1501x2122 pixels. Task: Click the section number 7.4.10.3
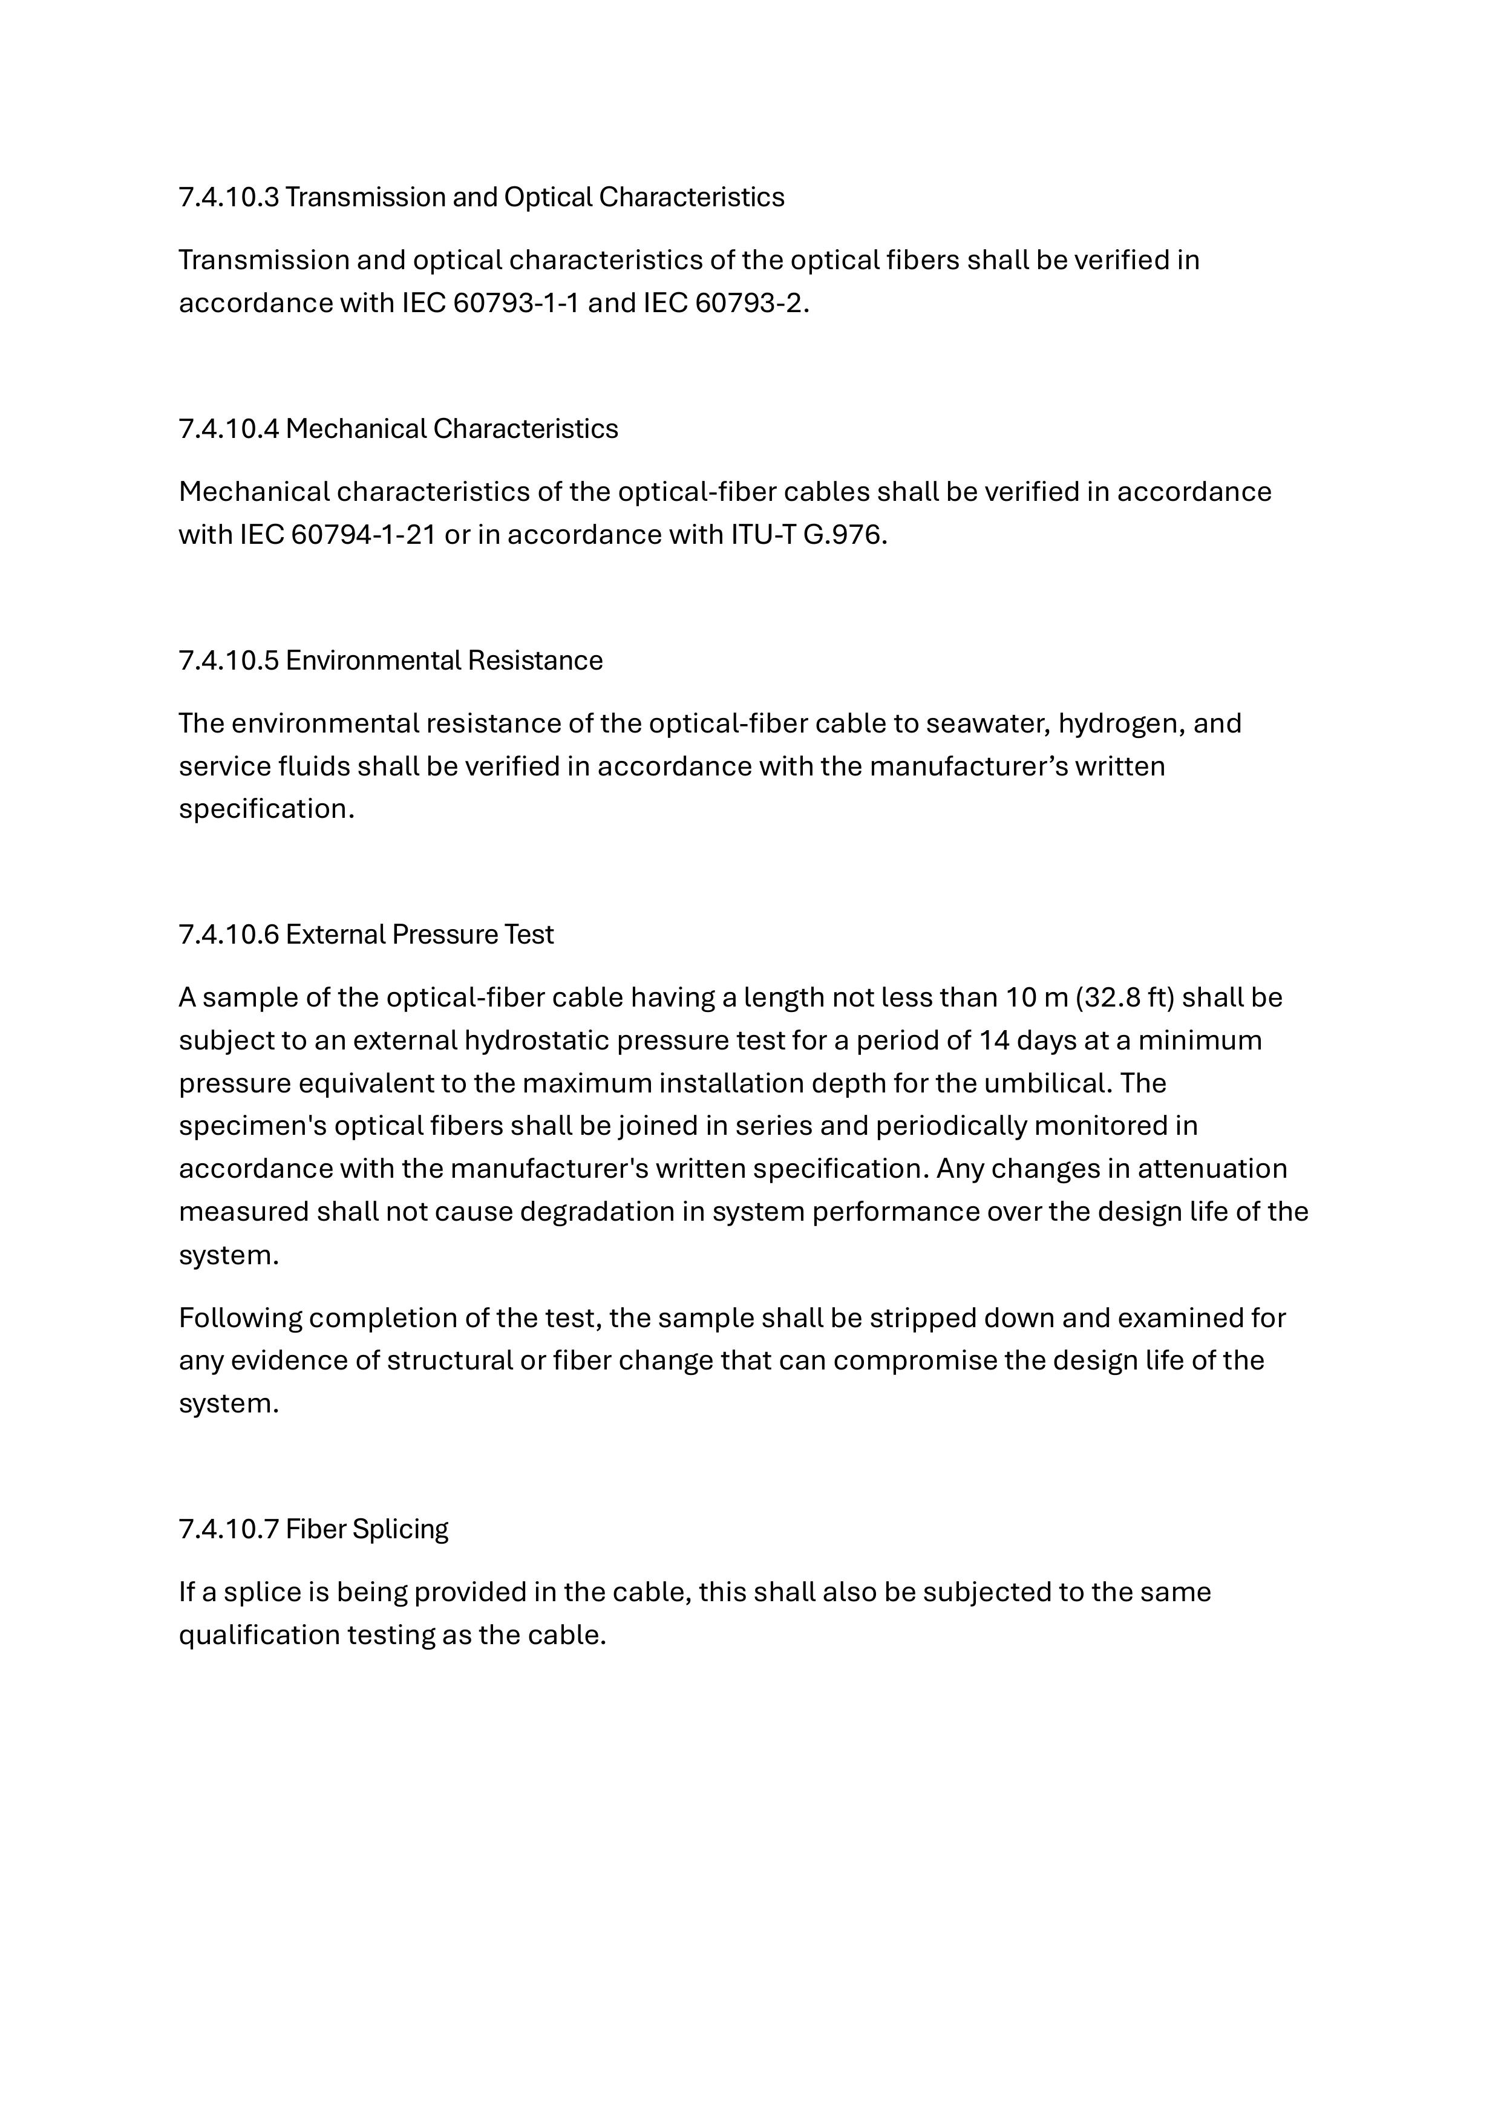point(228,197)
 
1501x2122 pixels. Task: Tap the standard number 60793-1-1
point(515,303)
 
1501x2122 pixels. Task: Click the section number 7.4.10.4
point(228,429)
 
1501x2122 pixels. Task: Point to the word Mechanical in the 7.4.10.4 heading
point(356,429)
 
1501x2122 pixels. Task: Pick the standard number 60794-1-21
point(362,535)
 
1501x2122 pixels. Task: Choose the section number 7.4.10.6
point(228,935)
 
